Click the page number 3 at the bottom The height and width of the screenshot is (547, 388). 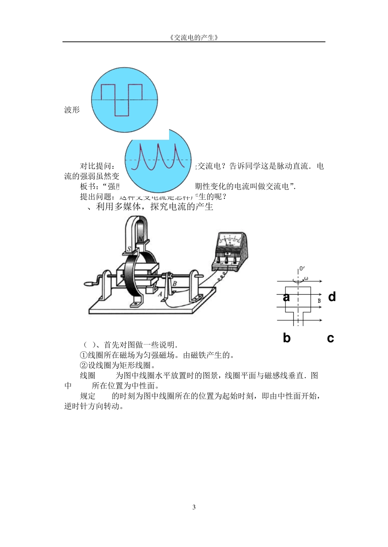coord(194,507)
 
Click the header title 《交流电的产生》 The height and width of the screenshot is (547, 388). coord(194,37)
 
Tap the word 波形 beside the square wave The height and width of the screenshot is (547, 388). coord(72,110)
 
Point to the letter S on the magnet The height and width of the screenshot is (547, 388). coord(129,249)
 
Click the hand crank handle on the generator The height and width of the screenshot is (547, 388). coord(89,283)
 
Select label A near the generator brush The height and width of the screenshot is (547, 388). coord(160,293)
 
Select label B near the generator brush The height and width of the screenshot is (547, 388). coord(174,284)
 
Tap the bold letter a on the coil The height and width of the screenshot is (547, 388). coord(286,297)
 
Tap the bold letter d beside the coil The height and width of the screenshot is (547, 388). coord(332,297)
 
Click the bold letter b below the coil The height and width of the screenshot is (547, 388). coord(287,338)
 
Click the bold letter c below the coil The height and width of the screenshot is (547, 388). coord(330,338)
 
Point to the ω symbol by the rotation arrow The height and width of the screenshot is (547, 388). coord(306,279)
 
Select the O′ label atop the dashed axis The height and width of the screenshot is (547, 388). coord(302,269)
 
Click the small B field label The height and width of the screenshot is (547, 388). coord(319,301)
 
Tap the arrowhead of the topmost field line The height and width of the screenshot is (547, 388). coord(321,281)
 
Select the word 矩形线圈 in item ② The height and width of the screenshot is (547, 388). coord(135,365)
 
